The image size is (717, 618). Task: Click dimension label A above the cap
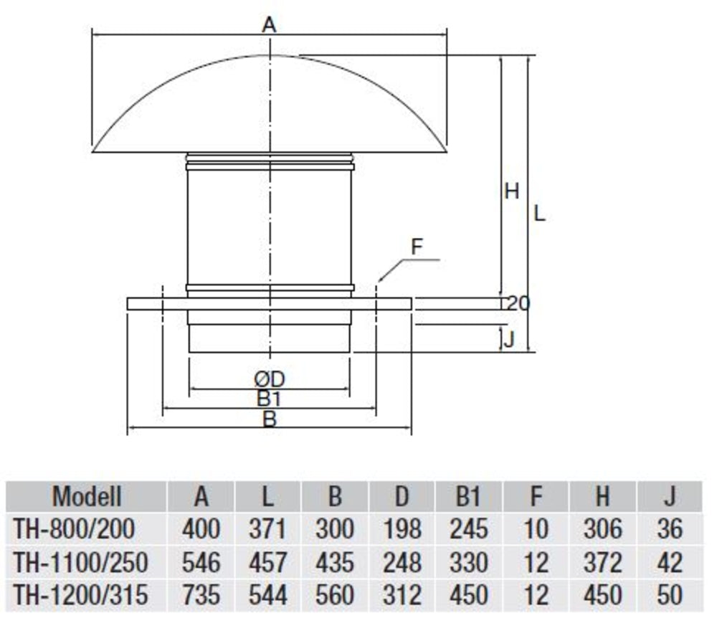269,26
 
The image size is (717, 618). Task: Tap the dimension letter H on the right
511,191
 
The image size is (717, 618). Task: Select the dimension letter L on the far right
540,213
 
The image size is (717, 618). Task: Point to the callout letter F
417,248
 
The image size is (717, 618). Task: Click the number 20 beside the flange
518,303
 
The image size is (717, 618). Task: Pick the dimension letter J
508,339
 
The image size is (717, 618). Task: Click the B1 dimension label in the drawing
269,399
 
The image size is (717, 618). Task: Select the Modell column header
87,496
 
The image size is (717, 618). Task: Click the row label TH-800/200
74,529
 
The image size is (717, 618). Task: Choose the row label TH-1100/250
80,562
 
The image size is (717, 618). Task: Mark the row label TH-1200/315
80,594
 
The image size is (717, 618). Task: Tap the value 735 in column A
201,594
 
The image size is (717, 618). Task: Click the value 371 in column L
267,529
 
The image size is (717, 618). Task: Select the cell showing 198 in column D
402,529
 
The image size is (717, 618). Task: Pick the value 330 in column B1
469,562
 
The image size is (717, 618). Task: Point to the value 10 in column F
536,529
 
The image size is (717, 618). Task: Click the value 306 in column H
603,529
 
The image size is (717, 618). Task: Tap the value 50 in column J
670,594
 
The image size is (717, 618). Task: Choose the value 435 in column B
334,562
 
